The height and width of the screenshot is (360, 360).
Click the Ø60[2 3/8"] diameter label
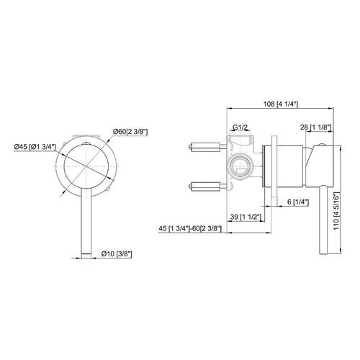[130, 130]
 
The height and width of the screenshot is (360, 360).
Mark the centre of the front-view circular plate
[85, 166]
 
